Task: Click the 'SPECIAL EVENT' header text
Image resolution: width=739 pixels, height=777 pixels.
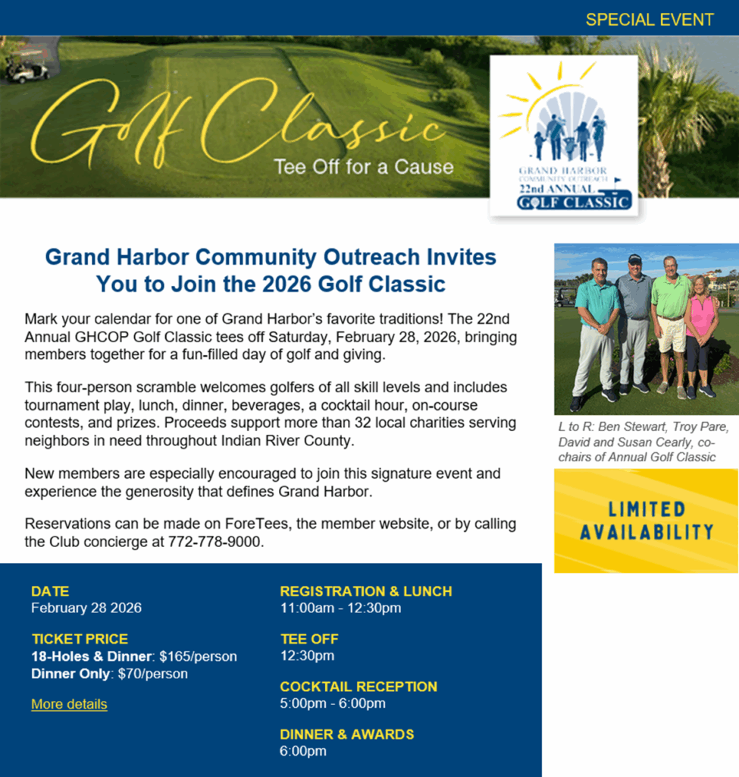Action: click(x=650, y=20)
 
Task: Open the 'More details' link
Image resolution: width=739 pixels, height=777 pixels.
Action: click(x=69, y=704)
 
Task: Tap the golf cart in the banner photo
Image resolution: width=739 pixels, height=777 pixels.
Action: click(x=27, y=71)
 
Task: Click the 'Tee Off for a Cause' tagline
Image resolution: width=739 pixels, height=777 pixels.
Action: click(x=364, y=166)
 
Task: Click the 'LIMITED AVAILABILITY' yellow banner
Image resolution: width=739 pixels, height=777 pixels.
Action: click(x=646, y=521)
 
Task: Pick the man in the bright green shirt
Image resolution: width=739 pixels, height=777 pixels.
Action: click(x=671, y=319)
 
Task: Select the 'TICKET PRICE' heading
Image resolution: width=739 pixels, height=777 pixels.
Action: click(x=80, y=639)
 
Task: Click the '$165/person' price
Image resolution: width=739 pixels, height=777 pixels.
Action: click(x=198, y=656)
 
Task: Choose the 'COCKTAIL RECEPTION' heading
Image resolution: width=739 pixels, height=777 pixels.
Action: click(x=359, y=687)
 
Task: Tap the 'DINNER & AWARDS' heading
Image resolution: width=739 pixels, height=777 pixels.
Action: click(x=347, y=735)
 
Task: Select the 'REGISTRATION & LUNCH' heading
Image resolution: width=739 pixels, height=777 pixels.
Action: click(x=366, y=591)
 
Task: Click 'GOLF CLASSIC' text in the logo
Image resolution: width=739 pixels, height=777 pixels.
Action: click(x=575, y=203)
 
